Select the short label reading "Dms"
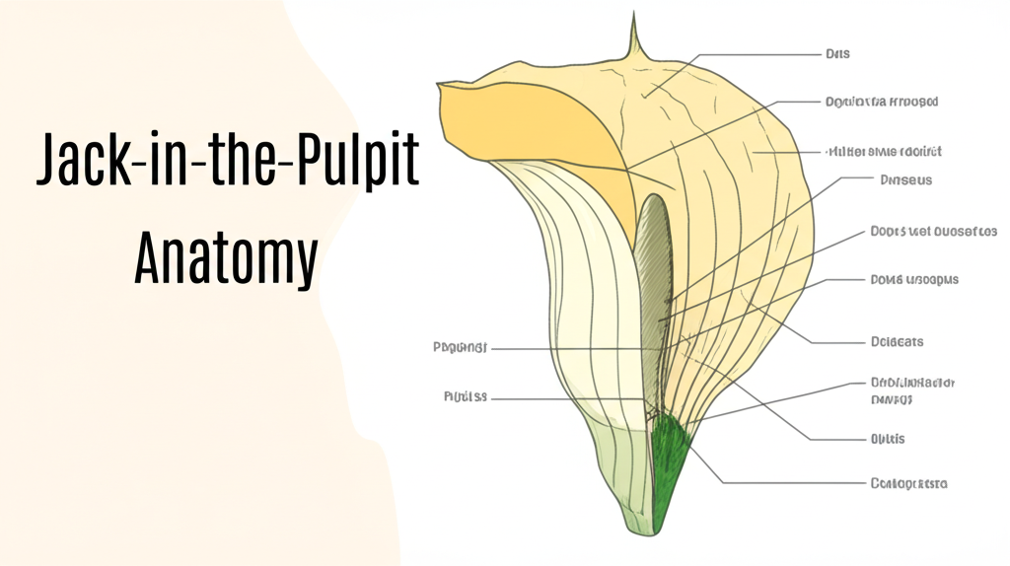point(837,53)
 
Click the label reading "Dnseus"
point(905,180)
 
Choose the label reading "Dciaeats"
point(897,342)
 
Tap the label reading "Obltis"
point(888,439)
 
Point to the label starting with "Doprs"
point(933,232)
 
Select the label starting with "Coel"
point(908,483)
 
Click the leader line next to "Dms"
point(750,54)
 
